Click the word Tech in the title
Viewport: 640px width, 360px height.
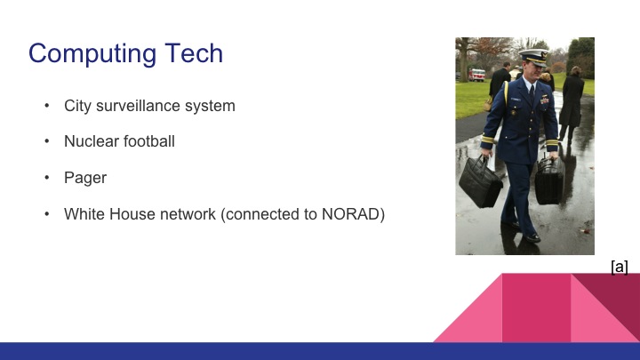pyautogui.click(x=193, y=53)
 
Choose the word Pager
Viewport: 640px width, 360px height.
pyautogui.click(x=85, y=178)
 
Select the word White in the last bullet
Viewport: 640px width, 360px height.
pyautogui.click(x=84, y=214)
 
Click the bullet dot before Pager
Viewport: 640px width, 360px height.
pyautogui.click(x=46, y=178)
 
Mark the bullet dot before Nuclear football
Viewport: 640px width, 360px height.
pyautogui.click(x=46, y=141)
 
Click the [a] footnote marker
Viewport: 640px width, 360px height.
pyautogui.click(x=620, y=266)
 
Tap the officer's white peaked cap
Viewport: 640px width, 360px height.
pyautogui.click(x=533, y=57)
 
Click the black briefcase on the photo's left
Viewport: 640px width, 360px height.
pyautogui.click(x=480, y=182)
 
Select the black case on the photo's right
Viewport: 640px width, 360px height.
pyautogui.click(x=548, y=180)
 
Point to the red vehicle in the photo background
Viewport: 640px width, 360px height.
pyautogui.click(x=477, y=75)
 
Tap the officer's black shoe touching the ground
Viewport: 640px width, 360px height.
pyautogui.click(x=531, y=237)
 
